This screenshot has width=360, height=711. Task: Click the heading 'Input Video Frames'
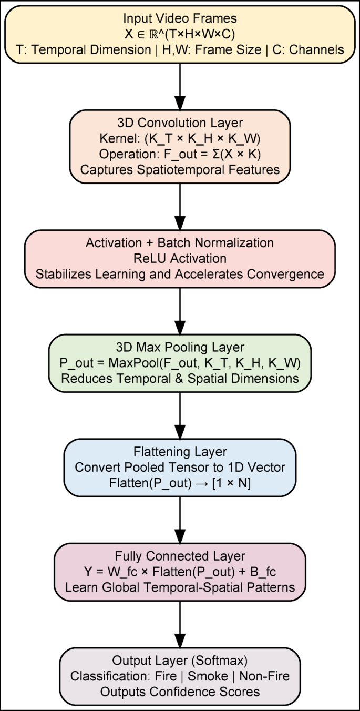[180, 18]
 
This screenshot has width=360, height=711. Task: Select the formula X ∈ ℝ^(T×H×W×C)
[180, 34]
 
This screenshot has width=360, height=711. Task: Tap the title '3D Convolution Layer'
[180, 123]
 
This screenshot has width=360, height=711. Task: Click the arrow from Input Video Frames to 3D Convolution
[180, 87]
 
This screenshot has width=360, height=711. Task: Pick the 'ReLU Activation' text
[180, 258]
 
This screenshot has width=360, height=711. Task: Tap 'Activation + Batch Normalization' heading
[180, 243]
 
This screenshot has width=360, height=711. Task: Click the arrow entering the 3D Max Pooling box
[180, 310]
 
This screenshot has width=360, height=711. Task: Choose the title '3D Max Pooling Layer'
[180, 347]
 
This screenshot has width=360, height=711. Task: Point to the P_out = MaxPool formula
[180, 363]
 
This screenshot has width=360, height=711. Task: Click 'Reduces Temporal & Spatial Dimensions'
[180, 379]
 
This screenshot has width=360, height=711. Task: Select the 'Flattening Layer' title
[180, 452]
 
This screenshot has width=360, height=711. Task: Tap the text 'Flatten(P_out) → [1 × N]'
[180, 483]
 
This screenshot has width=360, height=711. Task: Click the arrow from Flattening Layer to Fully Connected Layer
[180, 520]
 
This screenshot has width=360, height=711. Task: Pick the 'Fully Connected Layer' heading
[180, 556]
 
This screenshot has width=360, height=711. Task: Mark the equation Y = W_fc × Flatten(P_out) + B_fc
[180, 572]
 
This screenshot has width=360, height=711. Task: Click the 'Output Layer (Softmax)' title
[180, 660]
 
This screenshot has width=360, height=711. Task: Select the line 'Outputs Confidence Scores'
[180, 692]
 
